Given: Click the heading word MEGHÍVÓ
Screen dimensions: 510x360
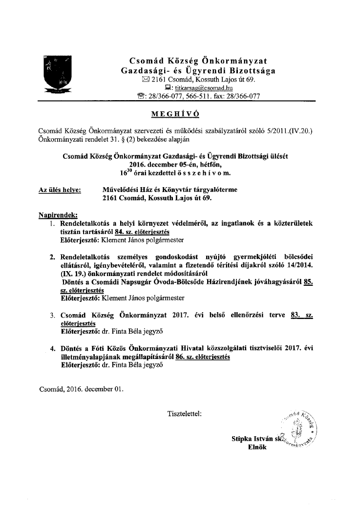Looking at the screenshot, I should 176,114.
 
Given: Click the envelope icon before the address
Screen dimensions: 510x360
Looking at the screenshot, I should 145,79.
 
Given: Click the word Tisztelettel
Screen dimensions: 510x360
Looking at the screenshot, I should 184,414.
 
